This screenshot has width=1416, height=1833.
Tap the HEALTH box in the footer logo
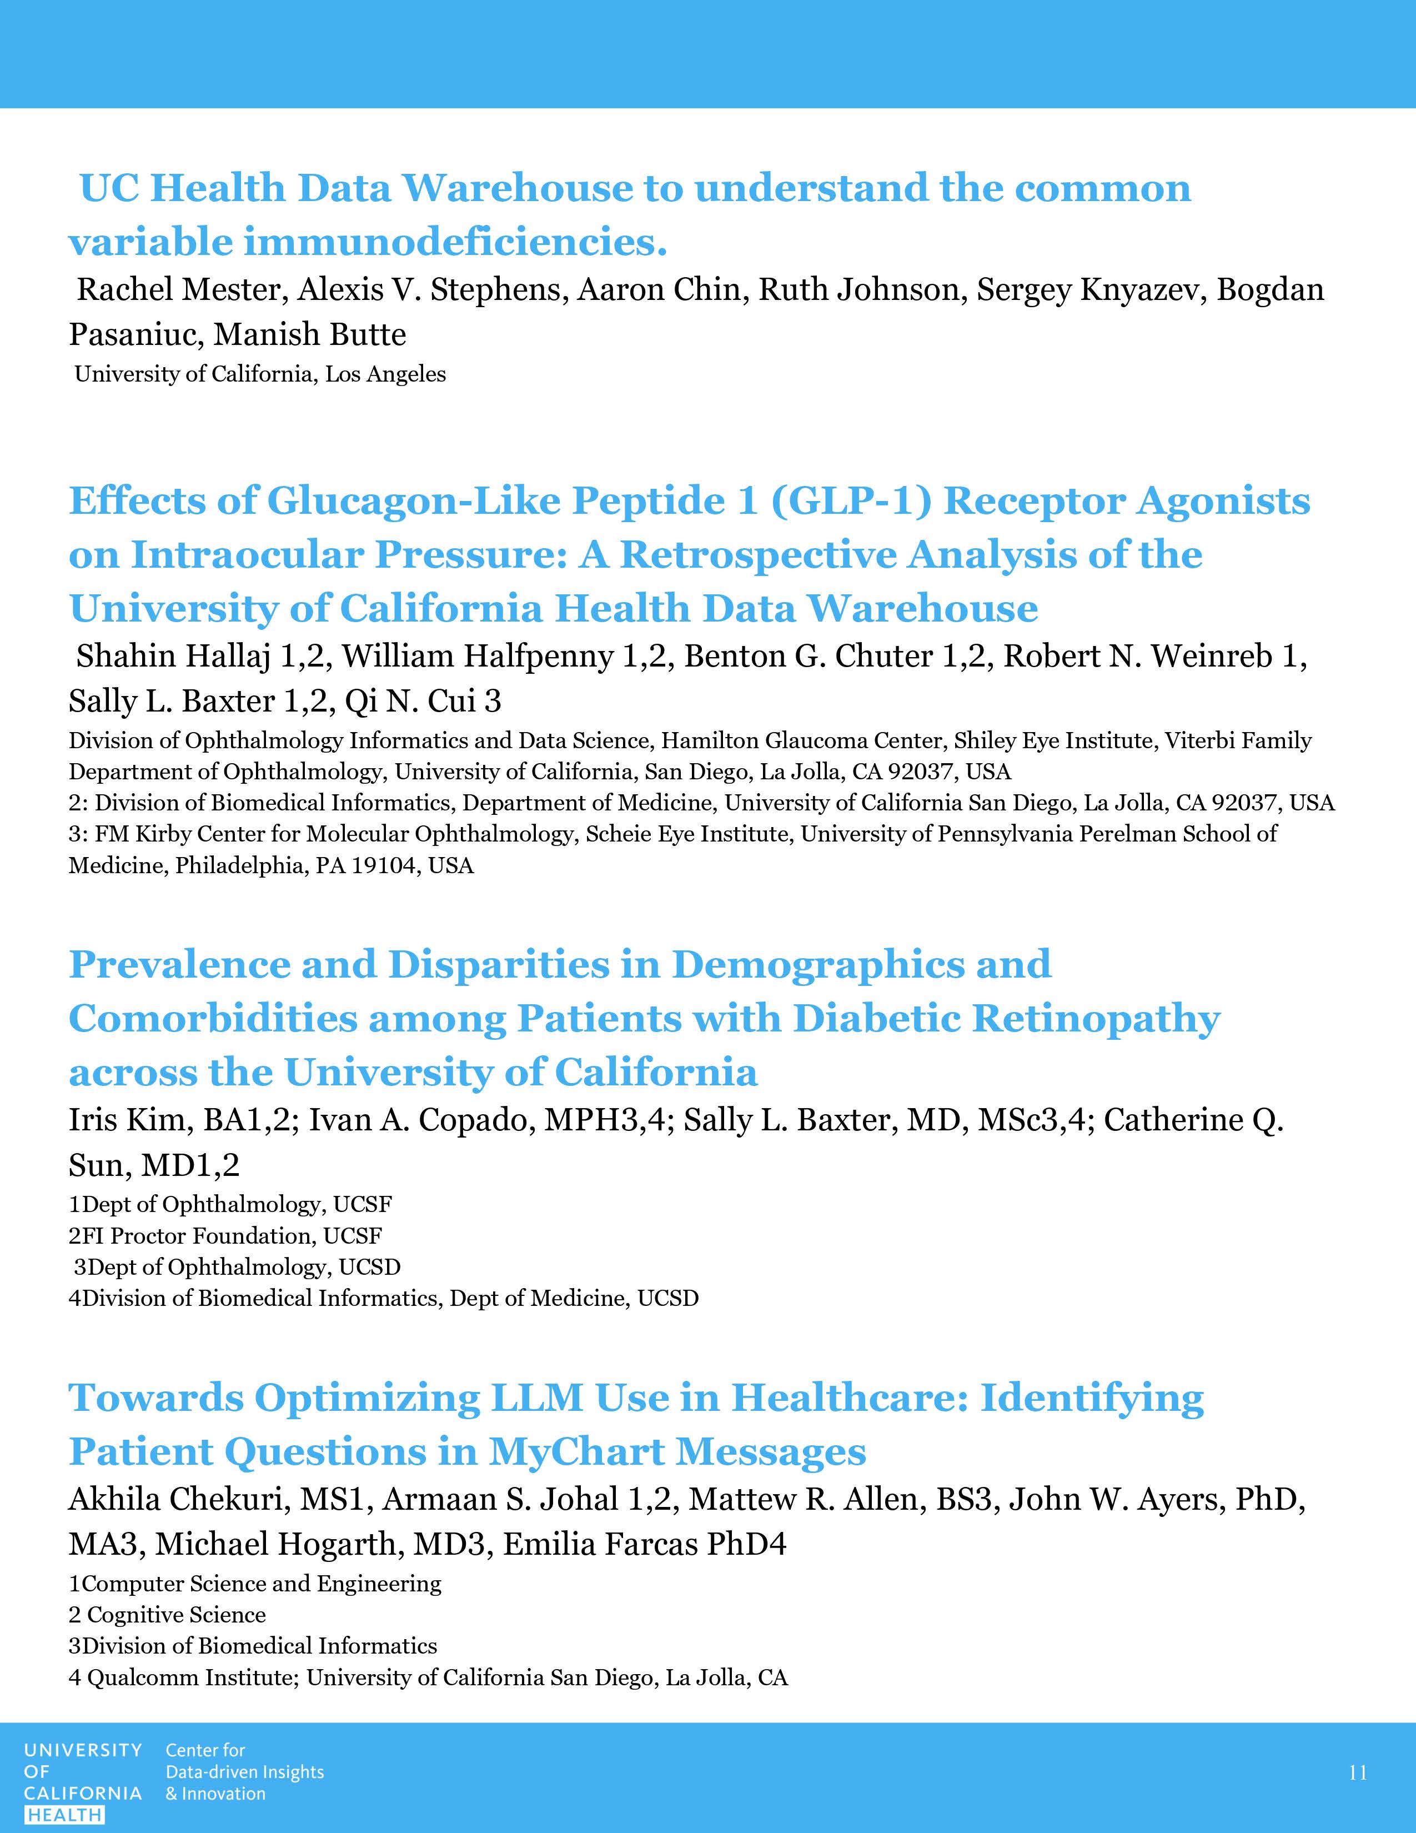tap(64, 1815)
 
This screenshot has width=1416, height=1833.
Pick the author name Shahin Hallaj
tap(173, 657)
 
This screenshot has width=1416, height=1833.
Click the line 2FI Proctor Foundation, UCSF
tap(225, 1235)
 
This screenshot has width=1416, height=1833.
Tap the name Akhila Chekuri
tap(175, 1499)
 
